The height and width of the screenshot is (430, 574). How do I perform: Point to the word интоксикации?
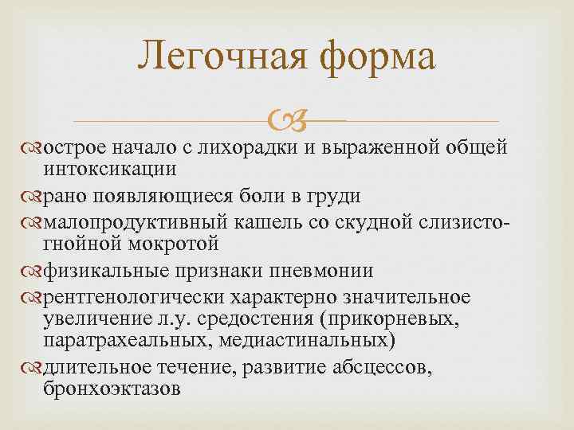pyautogui.click(x=109, y=168)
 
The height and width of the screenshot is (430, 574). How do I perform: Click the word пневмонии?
pyautogui.click(x=325, y=270)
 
